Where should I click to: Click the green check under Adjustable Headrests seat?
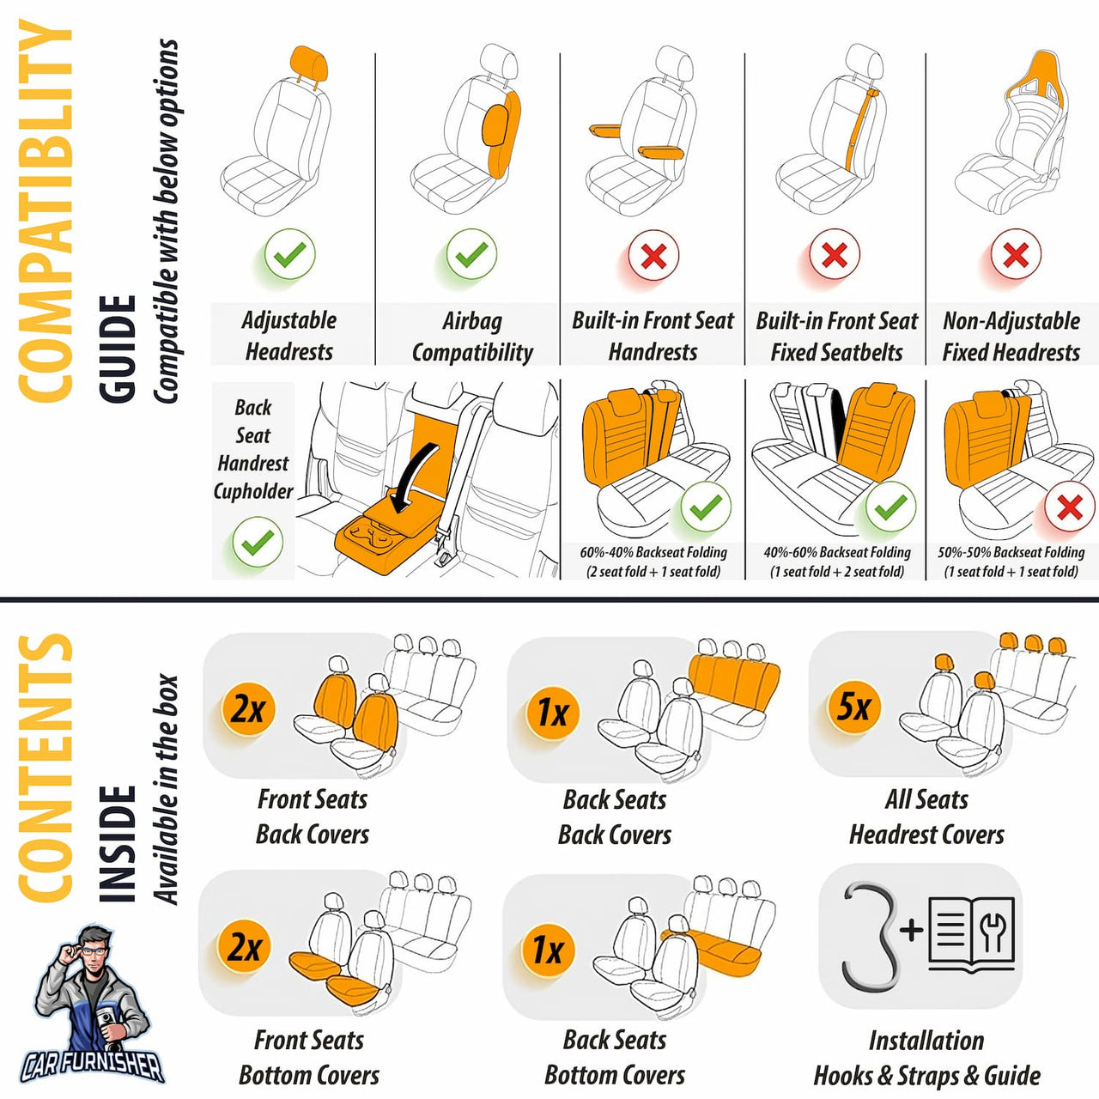pyautogui.click(x=289, y=254)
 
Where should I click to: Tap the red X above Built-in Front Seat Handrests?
pyautogui.click(x=653, y=256)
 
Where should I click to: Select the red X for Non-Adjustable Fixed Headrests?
pyautogui.click(x=1016, y=255)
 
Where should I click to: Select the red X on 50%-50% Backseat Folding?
pyautogui.click(x=1070, y=507)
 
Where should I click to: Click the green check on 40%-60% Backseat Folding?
pyautogui.click(x=890, y=507)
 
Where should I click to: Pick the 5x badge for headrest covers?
pyautogui.click(x=853, y=707)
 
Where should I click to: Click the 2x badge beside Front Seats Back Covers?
pyautogui.click(x=248, y=709)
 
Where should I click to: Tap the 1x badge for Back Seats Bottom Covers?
pyautogui.click(x=548, y=950)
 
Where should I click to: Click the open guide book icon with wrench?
pyautogui.click(x=971, y=934)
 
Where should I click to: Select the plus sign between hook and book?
pyautogui.click(x=911, y=929)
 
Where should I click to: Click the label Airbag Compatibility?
pyautogui.click(x=471, y=336)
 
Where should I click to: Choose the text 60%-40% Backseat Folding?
pyautogui.click(x=653, y=553)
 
